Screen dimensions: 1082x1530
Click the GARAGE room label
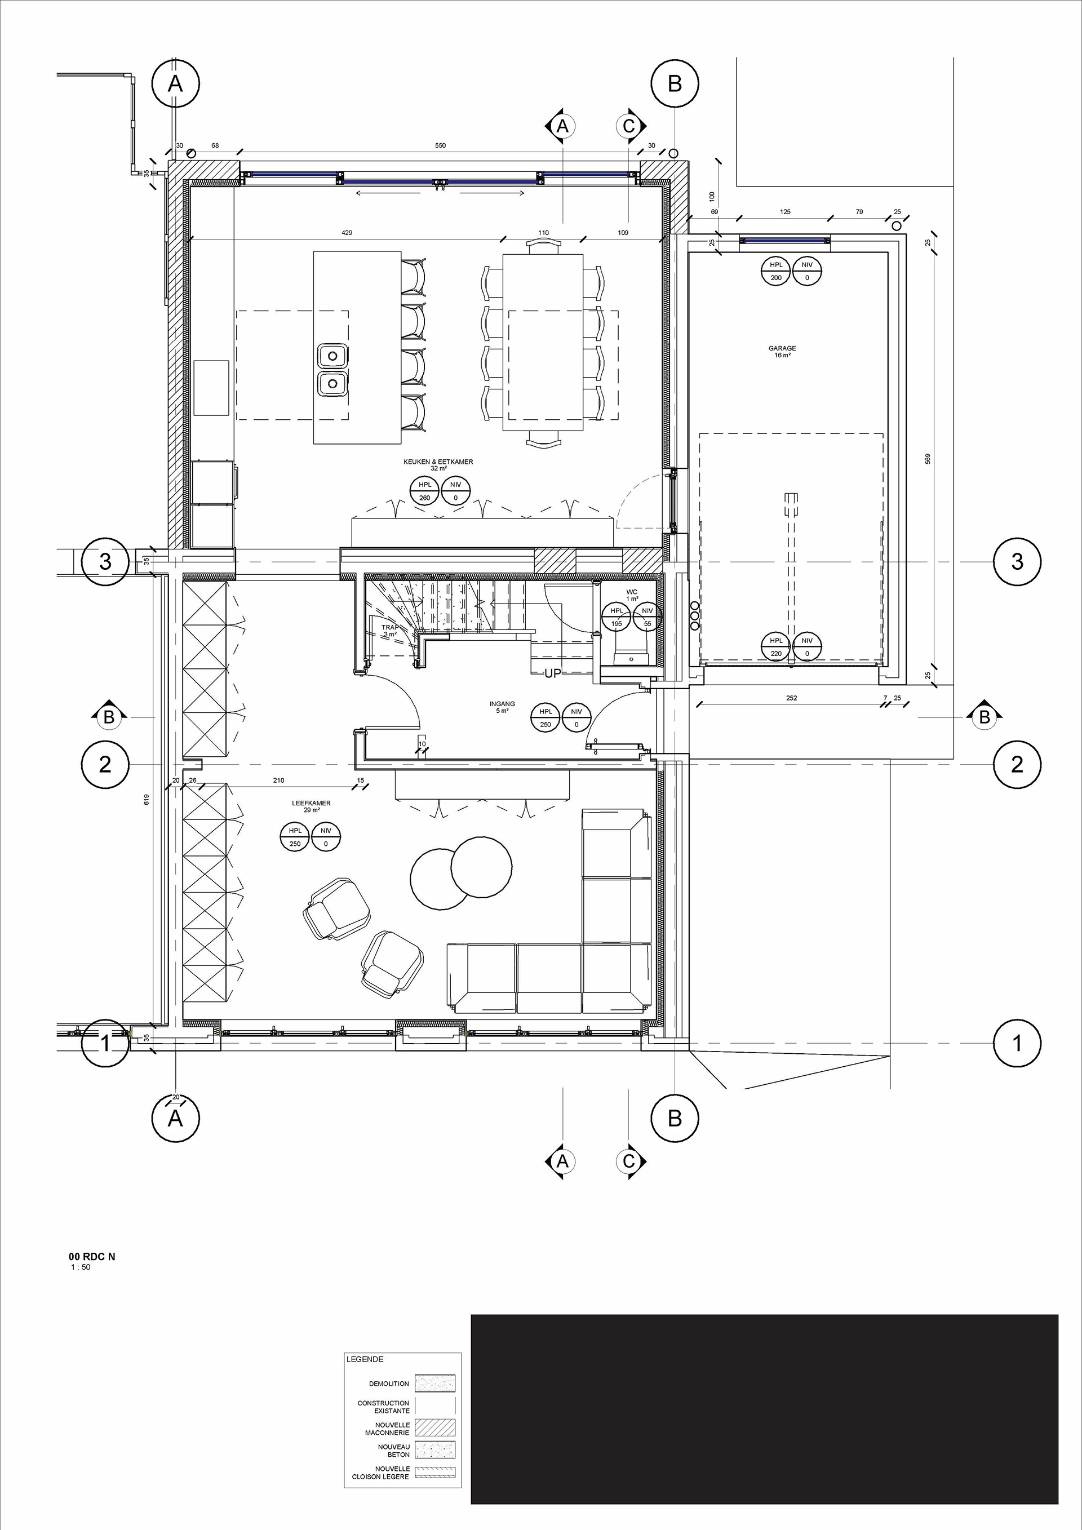click(782, 348)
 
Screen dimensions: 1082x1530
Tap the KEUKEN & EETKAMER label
click(438, 462)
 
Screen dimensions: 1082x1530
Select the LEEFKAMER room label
click(311, 803)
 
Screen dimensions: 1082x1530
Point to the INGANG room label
click(502, 704)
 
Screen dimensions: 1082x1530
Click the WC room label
click(632, 592)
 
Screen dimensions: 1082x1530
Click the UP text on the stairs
click(553, 673)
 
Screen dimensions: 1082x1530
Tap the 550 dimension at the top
click(440, 145)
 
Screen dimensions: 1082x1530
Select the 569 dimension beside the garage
click(928, 459)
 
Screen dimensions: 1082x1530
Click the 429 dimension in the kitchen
click(347, 233)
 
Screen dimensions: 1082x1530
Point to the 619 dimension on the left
click(146, 799)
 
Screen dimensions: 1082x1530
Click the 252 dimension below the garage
click(792, 698)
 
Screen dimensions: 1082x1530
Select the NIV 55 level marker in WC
click(648, 618)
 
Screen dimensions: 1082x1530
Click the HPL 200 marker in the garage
click(776, 271)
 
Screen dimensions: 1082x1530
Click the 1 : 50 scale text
click(81, 1267)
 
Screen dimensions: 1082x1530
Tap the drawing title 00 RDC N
click(92, 1257)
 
